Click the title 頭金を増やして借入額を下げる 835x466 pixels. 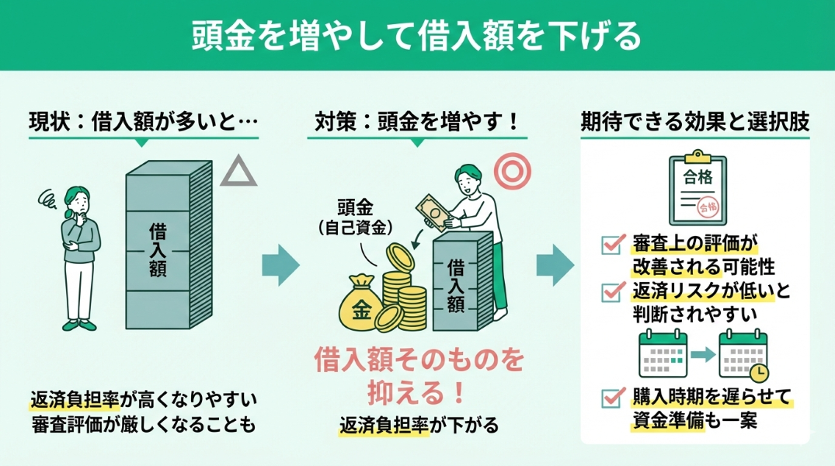click(x=417, y=35)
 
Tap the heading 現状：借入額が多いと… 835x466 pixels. click(x=143, y=121)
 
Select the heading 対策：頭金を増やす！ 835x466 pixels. click(x=416, y=121)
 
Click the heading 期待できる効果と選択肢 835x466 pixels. click(x=695, y=121)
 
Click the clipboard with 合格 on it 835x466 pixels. click(x=697, y=190)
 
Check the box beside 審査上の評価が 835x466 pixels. click(x=611, y=244)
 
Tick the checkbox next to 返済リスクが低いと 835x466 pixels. click(x=611, y=291)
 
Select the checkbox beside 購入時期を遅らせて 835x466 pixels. click(x=611, y=398)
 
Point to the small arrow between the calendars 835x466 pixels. click(x=701, y=354)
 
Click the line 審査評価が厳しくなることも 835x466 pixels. click(x=143, y=426)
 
